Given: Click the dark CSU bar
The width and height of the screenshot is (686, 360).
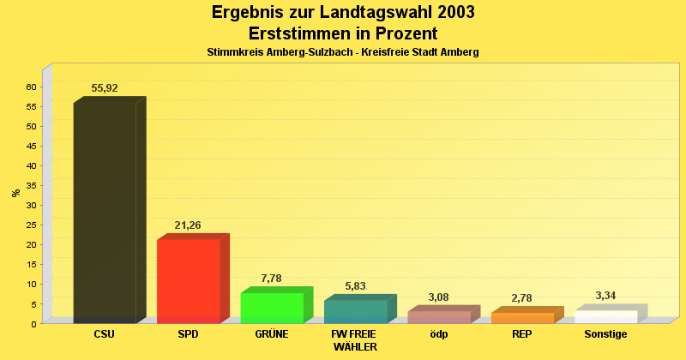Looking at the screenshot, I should click(x=105, y=213).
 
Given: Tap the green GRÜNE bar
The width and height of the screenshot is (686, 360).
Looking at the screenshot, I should click(x=272, y=308).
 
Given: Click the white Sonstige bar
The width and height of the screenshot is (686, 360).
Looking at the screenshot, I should click(x=605, y=316).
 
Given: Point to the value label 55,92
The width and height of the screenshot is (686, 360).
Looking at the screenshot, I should click(x=105, y=88).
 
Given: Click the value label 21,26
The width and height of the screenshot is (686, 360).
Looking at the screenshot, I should click(x=188, y=225).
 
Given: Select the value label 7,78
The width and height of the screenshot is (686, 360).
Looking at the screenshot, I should click(x=271, y=279).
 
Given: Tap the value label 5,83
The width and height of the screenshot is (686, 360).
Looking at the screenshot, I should click(x=355, y=286).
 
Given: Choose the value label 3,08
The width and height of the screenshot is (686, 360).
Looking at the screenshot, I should click(x=438, y=297).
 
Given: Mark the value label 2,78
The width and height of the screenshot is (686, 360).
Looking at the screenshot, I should click(x=521, y=298).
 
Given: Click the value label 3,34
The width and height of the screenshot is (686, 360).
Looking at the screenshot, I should click(x=605, y=296).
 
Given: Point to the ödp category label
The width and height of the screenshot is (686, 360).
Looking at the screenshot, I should click(x=438, y=334).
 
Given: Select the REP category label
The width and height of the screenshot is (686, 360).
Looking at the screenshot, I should click(x=521, y=334).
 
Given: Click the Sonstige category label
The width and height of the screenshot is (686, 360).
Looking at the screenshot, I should click(x=605, y=334).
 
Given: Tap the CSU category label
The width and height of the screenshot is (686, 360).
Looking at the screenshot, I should click(x=105, y=334).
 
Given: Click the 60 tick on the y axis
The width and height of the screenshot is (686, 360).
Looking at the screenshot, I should click(x=31, y=87).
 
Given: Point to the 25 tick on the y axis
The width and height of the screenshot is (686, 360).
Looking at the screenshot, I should click(x=31, y=225).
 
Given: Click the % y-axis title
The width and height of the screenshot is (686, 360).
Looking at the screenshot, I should click(x=15, y=193).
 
